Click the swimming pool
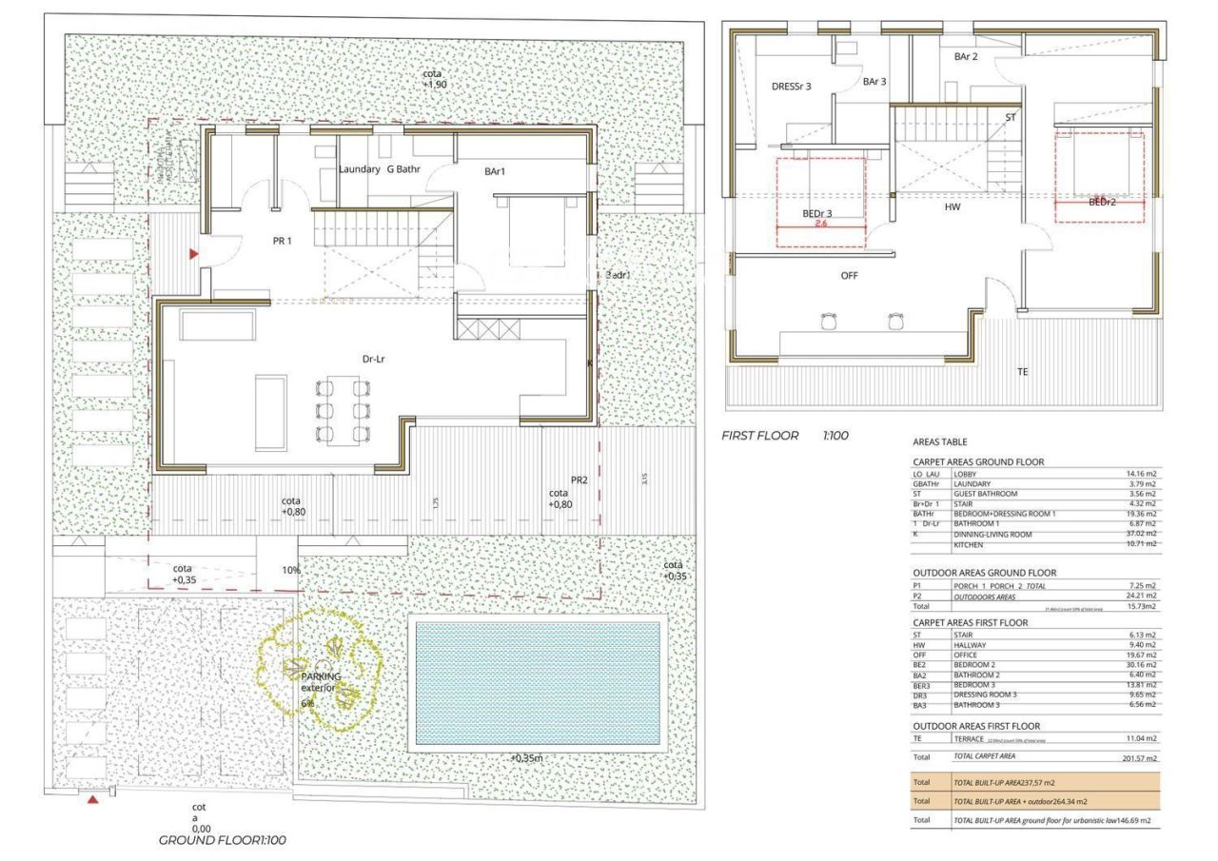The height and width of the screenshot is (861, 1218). (x=539, y=683)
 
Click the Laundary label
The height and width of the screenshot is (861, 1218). (x=359, y=170)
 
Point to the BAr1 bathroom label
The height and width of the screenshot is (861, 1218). (x=494, y=172)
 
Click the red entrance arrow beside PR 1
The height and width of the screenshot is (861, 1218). (x=194, y=255)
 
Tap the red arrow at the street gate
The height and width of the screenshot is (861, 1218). (x=92, y=800)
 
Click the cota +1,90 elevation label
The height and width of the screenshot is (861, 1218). (x=434, y=79)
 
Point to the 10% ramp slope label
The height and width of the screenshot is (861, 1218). (x=291, y=571)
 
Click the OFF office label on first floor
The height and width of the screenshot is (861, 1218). (x=850, y=275)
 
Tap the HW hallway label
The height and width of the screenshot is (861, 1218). (x=953, y=206)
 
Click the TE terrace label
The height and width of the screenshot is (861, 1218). (x=1023, y=372)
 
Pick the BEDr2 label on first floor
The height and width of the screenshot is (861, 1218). (x=1102, y=203)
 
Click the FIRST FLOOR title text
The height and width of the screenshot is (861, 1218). (x=761, y=435)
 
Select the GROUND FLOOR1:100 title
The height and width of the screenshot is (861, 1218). (x=222, y=840)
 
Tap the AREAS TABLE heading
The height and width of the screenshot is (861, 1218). (x=939, y=442)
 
